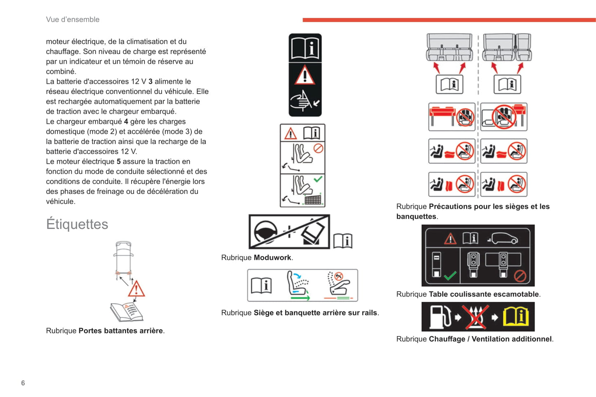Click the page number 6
pyautogui.click(x=23, y=383)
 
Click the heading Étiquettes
pyautogui.click(x=77, y=224)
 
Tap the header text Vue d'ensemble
pyautogui.click(x=73, y=19)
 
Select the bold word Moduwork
pyautogui.click(x=272, y=257)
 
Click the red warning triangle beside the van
pyautogui.click(x=136, y=289)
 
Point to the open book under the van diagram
pyautogui.click(x=127, y=312)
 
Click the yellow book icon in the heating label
pyautogui.click(x=515, y=317)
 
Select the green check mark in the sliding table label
pyautogui.click(x=450, y=275)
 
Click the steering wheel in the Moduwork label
pyautogui.click(x=265, y=231)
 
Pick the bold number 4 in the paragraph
pyautogui.click(x=126, y=121)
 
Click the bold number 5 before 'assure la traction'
pyautogui.click(x=119, y=161)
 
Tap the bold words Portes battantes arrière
pyautogui.click(x=120, y=331)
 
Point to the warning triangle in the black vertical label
pyautogui.click(x=305, y=76)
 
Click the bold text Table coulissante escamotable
pyautogui.click(x=484, y=294)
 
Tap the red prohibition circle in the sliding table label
pyautogui.click(x=520, y=276)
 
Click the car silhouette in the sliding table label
pyautogui.click(x=503, y=238)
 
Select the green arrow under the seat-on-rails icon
pyautogui.click(x=300, y=297)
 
